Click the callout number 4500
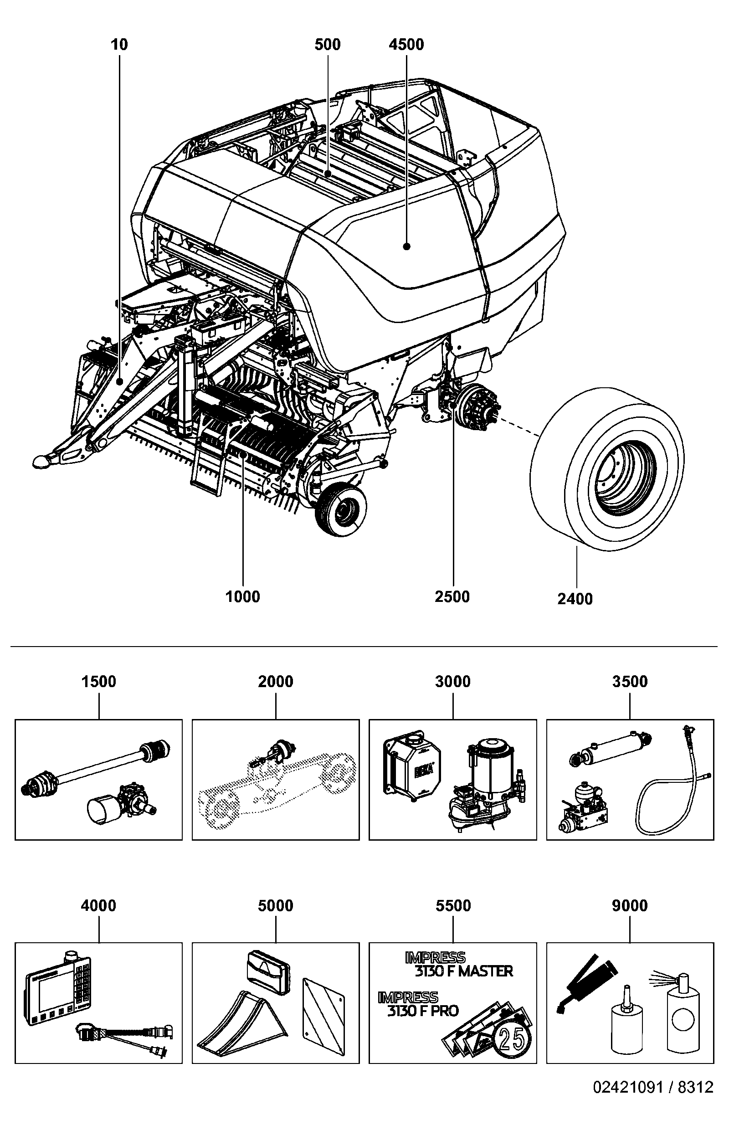pyautogui.click(x=406, y=45)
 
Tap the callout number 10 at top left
pyautogui.click(x=119, y=45)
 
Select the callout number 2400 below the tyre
pyautogui.click(x=575, y=599)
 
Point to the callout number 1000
pyautogui.click(x=243, y=596)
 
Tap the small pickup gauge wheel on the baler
pyautogui.click(x=341, y=510)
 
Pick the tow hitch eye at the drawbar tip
pyautogui.click(x=41, y=461)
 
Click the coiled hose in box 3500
pyautogui.click(x=671, y=794)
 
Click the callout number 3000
pyautogui.click(x=453, y=682)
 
